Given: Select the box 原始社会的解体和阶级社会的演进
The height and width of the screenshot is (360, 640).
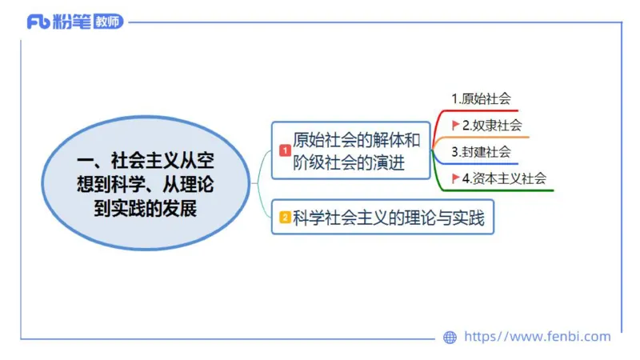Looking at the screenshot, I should point(352,150).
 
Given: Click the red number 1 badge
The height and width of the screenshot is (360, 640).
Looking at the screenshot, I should point(284,150).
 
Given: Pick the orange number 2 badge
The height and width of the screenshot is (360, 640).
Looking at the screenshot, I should point(284,217).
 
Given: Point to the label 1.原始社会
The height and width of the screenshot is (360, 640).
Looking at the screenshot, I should point(481,99).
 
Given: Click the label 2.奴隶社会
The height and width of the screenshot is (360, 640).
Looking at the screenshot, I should point(492,125).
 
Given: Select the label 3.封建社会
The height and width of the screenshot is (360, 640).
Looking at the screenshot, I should point(480,151).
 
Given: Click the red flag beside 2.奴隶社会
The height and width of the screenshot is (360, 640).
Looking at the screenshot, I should point(456,125).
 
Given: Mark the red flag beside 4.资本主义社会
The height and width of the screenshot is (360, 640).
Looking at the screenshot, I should point(456,178).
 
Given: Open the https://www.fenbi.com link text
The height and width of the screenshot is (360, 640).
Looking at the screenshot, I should point(537,337).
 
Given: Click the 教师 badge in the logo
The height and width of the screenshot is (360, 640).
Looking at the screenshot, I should point(107,22).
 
